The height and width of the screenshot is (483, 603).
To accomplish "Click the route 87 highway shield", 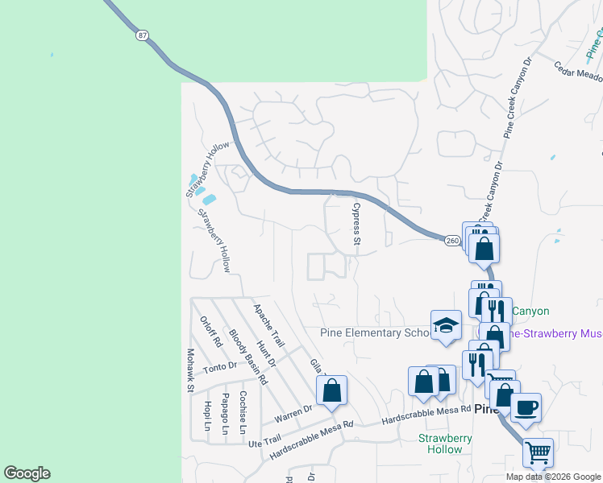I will click(142, 35).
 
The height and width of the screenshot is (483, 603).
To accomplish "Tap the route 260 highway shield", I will click(452, 239).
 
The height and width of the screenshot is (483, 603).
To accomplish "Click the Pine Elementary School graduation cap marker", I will click(445, 325).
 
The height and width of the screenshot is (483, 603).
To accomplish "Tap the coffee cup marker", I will click(525, 407).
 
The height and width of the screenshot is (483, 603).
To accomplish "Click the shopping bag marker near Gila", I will click(331, 391).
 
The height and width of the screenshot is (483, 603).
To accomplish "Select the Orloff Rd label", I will click(211, 331).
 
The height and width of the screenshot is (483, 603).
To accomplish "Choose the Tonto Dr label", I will click(220, 367).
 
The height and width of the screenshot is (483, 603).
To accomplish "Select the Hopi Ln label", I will click(206, 414).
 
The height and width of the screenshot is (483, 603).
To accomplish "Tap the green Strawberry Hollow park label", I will click(445, 444).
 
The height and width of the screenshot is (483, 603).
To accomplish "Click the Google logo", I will click(27, 473).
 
